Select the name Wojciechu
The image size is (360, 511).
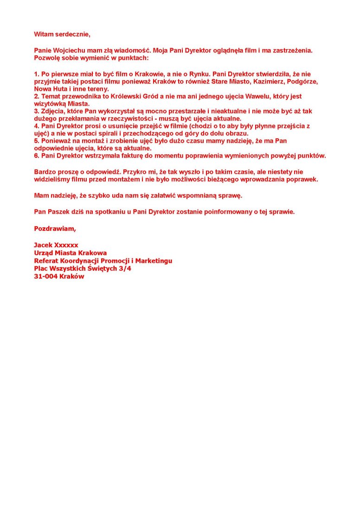pos(70,50)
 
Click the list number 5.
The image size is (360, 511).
pos(36,141)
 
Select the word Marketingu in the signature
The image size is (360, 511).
pos(151,261)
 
